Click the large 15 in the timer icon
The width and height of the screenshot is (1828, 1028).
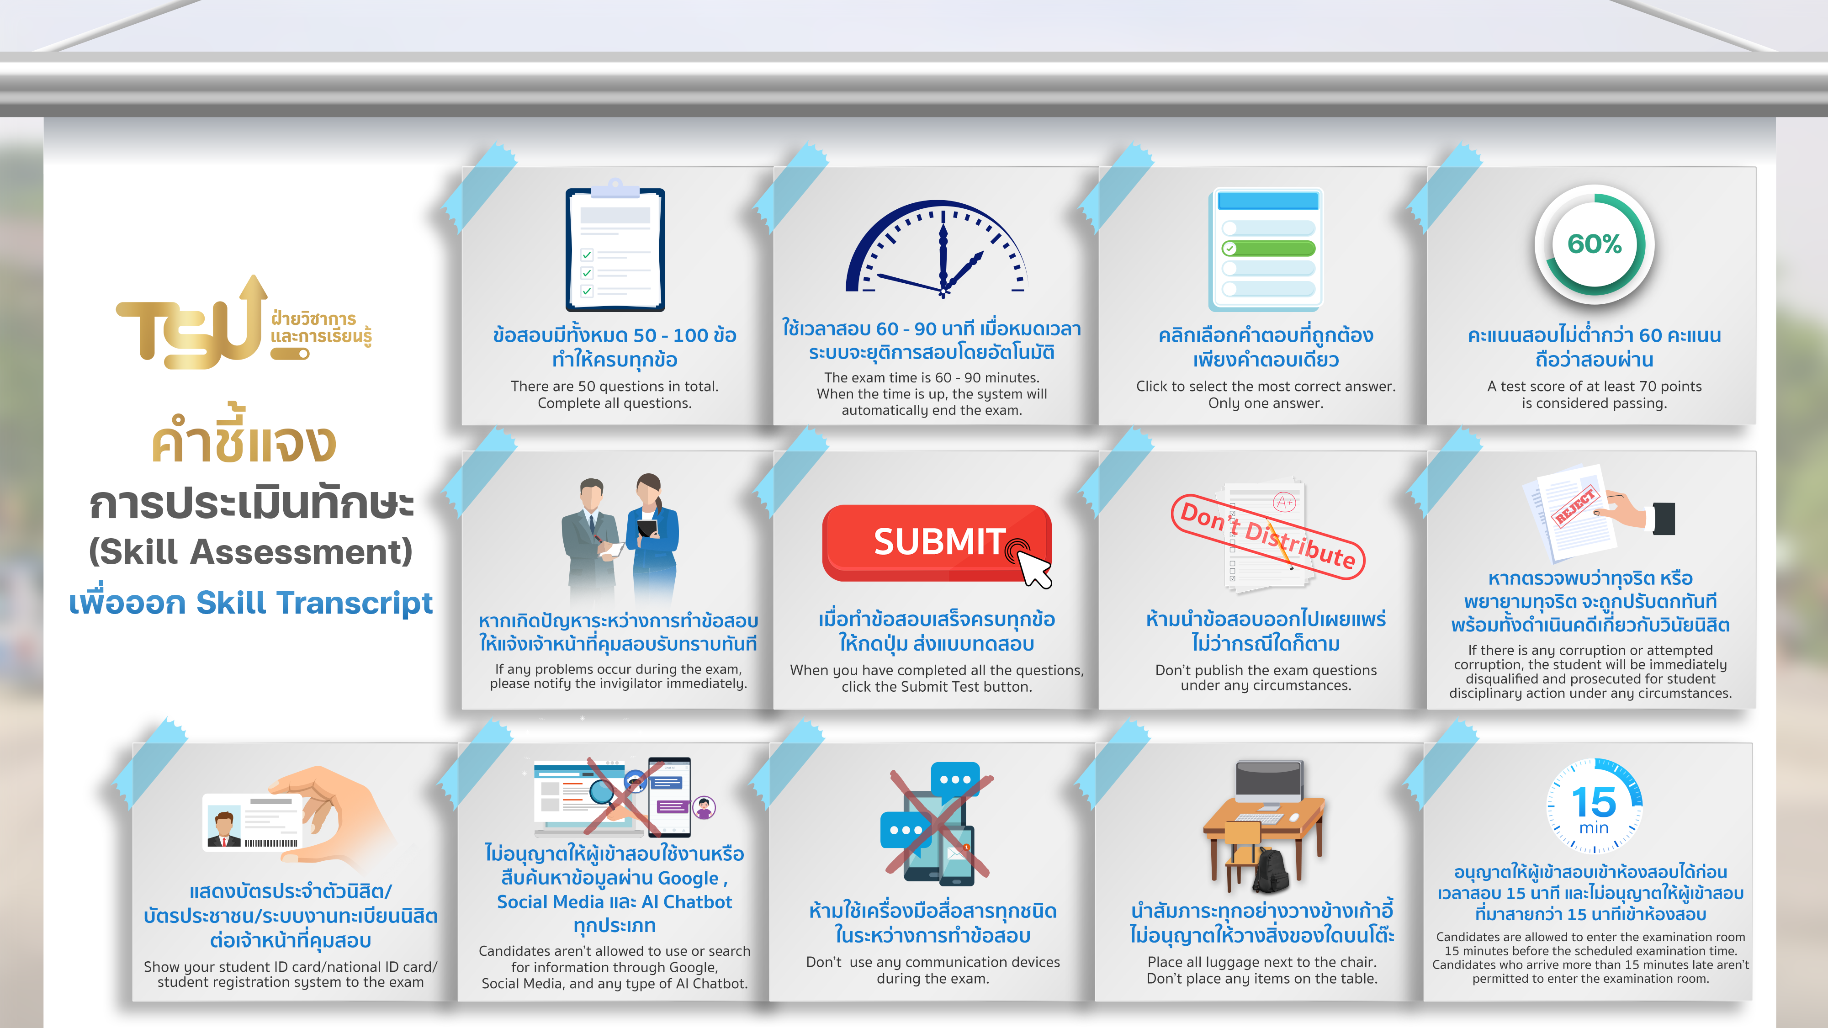click(1594, 802)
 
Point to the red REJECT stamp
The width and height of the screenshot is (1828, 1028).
click(1575, 506)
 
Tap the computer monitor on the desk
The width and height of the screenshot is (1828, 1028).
click(1269, 784)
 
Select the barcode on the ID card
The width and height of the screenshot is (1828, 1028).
click(271, 843)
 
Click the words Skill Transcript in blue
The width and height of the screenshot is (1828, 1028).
click(314, 602)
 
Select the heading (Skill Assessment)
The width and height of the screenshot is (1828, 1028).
click(250, 552)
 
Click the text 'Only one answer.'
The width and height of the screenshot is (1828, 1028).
click(1266, 403)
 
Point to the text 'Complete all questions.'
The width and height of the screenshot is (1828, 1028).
click(615, 403)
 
